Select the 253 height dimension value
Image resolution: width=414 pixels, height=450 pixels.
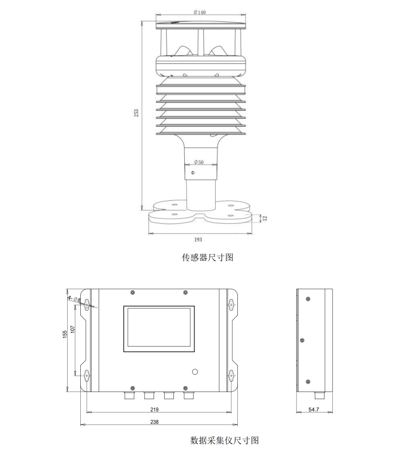tap(137, 112)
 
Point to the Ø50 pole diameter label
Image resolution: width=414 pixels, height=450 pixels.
tap(199, 162)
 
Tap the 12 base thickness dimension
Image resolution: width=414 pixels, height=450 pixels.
tap(265, 218)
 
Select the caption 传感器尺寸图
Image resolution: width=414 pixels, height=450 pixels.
tap(207, 257)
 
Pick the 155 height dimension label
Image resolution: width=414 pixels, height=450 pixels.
tap(64, 334)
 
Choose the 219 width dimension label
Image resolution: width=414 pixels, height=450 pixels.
tap(154, 409)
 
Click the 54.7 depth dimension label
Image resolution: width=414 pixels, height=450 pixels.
tap(314, 410)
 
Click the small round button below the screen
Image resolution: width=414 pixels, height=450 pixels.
tap(195, 372)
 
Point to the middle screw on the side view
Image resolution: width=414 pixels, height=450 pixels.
tap(302, 340)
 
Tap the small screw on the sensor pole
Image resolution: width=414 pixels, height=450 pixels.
tap(192, 173)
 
